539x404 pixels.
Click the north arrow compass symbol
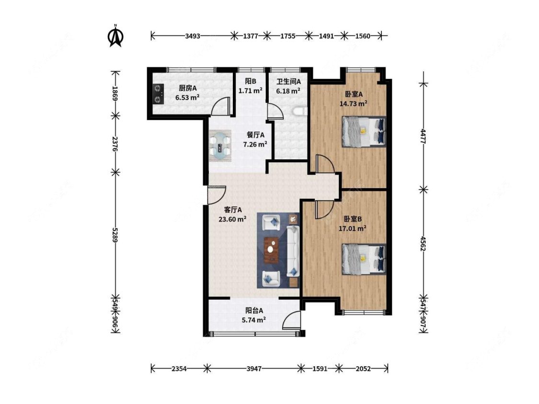[116, 36]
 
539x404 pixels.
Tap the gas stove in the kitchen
[158, 94]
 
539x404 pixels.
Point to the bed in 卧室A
[364, 132]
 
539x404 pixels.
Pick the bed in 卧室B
[364, 259]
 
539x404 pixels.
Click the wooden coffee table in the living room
[272, 250]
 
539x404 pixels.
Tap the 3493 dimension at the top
[193, 36]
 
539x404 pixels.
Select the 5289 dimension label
[115, 235]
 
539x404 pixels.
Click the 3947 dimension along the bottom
[254, 369]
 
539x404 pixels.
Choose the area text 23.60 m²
[232, 219]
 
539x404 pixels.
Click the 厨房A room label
[188, 88]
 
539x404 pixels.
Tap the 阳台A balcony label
[254, 311]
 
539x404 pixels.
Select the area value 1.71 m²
[251, 90]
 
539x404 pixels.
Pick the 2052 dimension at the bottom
[363, 369]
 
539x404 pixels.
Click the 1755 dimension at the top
[288, 36]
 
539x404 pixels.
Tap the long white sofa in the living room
[293, 251]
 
